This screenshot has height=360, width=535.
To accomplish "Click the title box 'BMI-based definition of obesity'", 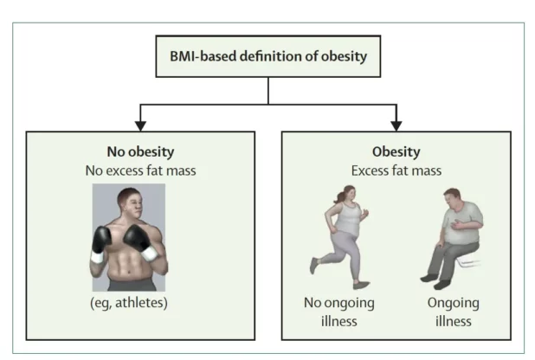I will pos(267,58).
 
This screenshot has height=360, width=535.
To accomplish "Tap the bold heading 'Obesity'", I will pos(396,151).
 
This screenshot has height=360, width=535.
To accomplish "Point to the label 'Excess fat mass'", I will pos(396,170).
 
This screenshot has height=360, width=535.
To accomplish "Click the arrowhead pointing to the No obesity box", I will pos(141,124).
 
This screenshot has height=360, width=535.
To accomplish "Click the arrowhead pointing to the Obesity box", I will pos(396,124).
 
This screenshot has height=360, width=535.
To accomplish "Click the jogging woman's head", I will pos(351,194).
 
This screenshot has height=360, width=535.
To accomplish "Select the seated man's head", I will pos(452,199).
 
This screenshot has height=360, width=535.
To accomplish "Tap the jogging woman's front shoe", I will pos(362,285).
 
